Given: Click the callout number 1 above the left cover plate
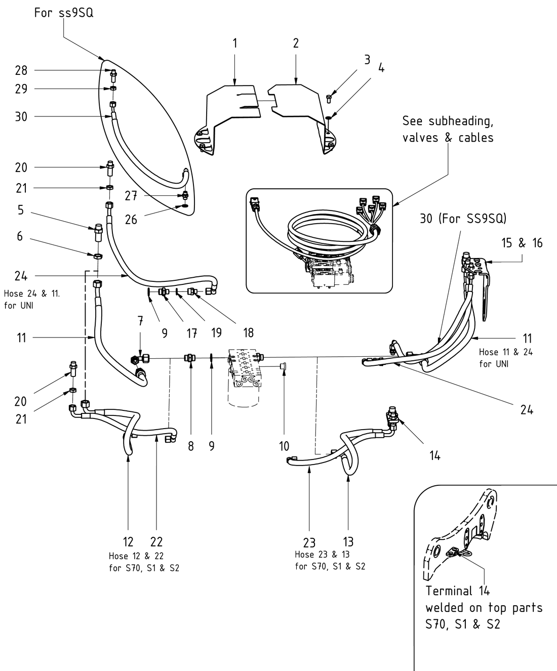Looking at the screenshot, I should (235, 43).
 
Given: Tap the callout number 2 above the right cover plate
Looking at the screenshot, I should (296, 43).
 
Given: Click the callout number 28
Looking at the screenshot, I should (21, 70).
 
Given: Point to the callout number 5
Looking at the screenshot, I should (20, 209).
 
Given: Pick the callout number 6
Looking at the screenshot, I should (20, 236).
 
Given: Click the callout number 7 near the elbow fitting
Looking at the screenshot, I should (140, 320).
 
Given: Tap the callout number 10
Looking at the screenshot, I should (284, 446).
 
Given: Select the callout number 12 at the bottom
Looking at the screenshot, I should (128, 541).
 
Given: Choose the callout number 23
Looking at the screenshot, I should (309, 543).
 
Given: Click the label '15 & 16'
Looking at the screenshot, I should (522, 243).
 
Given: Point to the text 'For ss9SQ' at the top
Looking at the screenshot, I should (64, 13).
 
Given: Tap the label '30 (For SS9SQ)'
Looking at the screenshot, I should (463, 219).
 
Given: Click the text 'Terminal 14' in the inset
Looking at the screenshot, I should (457, 591).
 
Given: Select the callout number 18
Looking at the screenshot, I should (248, 332).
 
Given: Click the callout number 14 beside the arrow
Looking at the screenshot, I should (434, 455).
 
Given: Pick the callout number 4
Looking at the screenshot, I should (381, 67).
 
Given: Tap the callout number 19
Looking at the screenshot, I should (216, 332).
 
